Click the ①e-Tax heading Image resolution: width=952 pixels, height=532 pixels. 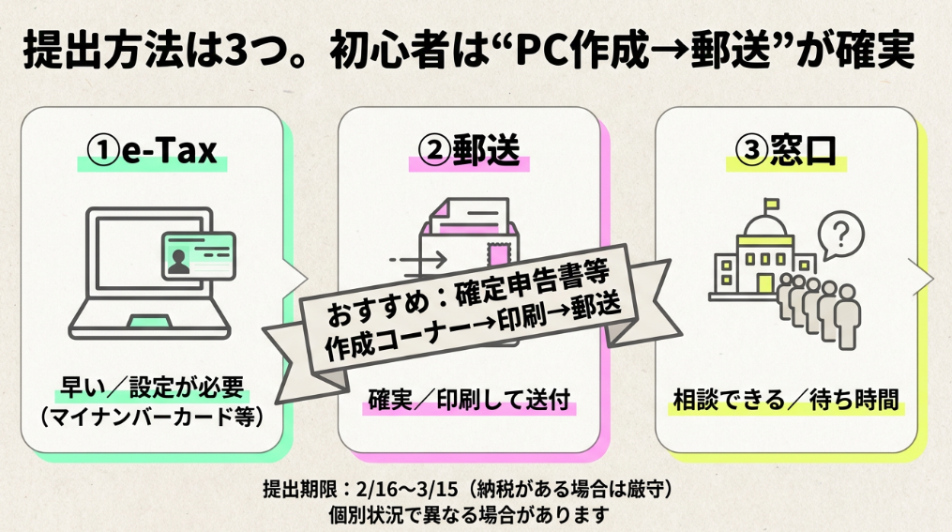pyautogui.click(x=152, y=151)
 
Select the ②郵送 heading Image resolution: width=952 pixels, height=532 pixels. pyautogui.click(x=469, y=151)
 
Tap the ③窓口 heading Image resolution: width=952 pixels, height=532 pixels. pyautogui.click(x=786, y=151)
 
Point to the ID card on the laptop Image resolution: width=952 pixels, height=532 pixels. pyautogui.click(x=197, y=254)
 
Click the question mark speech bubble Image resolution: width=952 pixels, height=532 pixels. pyautogui.click(x=840, y=233)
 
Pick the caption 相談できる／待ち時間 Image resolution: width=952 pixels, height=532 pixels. pyautogui.click(x=786, y=401)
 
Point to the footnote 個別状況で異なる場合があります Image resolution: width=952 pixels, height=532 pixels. pyautogui.click(x=469, y=514)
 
